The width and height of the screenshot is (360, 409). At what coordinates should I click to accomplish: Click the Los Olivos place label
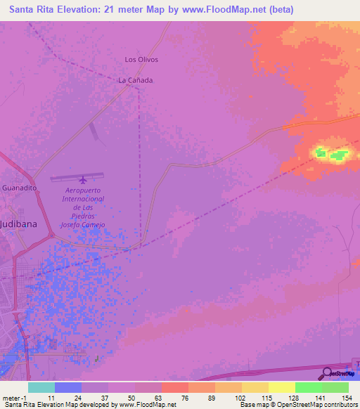point(141,60)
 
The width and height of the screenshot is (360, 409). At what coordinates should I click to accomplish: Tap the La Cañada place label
point(135,80)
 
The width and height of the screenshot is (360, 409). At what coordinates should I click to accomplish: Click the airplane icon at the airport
point(83,178)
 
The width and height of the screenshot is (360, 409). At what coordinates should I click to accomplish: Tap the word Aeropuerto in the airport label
point(84,190)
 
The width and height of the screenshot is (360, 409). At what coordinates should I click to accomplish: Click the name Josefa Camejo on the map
point(83,224)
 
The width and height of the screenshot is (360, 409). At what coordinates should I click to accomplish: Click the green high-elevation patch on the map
point(331,152)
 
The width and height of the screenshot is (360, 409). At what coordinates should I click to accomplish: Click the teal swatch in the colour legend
point(41,387)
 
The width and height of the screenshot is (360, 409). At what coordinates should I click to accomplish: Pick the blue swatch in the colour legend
point(67,387)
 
